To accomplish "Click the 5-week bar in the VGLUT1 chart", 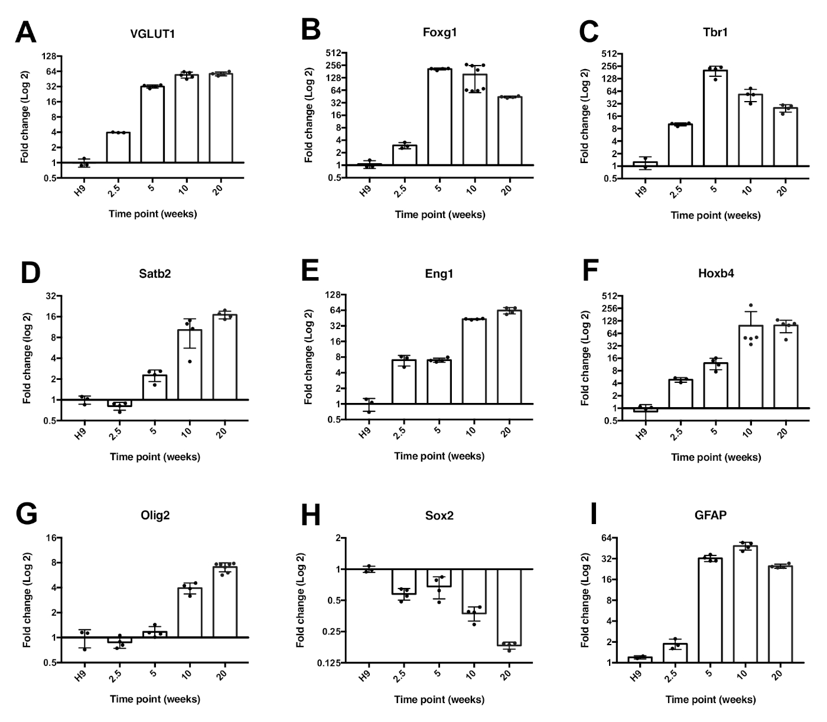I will (x=152, y=124).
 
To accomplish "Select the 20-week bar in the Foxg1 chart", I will (x=509, y=131).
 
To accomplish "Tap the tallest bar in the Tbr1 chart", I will (x=715, y=118).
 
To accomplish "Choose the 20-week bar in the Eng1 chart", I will (x=509, y=357).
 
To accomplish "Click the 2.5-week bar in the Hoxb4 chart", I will (x=680, y=393).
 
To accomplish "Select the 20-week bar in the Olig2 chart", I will (x=224, y=602).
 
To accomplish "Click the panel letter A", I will (x=25, y=32).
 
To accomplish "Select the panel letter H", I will (x=311, y=516).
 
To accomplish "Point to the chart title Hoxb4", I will (x=715, y=274).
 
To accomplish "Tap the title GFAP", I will (x=711, y=515).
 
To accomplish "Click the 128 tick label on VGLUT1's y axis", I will (x=48, y=57).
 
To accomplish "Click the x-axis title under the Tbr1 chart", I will (x=715, y=215).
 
